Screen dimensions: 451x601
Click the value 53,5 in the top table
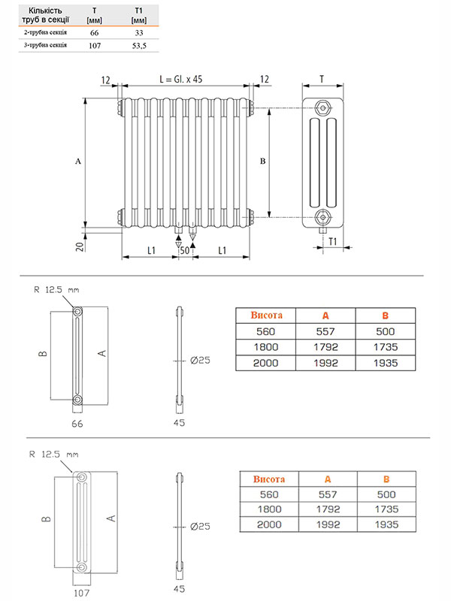pos(139,46)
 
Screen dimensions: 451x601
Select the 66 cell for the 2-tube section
pos(95,33)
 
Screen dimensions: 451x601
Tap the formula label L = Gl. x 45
pos(181,80)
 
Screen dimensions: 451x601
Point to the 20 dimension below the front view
pos(80,246)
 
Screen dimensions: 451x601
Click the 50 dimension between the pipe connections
pos(185,250)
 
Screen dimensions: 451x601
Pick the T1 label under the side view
pos(332,241)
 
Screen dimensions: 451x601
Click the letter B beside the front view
pos(262,161)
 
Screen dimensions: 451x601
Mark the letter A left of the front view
pos(78,162)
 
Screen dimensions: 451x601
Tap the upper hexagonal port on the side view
pos(322,107)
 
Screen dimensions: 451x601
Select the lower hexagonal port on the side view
pos(322,217)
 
